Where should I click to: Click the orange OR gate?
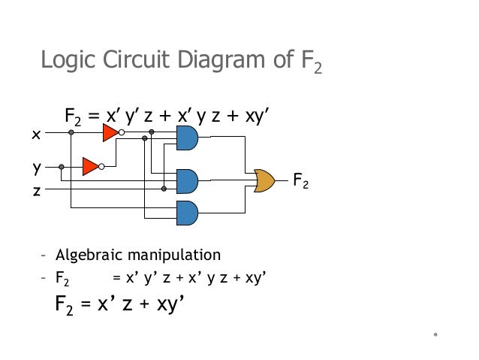tap(265, 180)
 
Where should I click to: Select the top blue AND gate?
tap(186, 138)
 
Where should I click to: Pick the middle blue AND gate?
tap(186, 180)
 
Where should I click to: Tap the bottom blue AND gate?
tap(186, 213)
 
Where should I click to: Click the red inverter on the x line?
tap(110, 134)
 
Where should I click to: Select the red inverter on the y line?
tap(90, 166)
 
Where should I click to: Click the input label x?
tap(35, 135)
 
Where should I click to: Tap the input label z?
tap(35, 190)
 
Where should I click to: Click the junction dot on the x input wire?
tap(71, 133)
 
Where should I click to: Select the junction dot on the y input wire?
tap(61, 166)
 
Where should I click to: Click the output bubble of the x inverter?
tap(121, 134)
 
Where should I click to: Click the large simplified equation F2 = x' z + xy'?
tap(120, 305)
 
